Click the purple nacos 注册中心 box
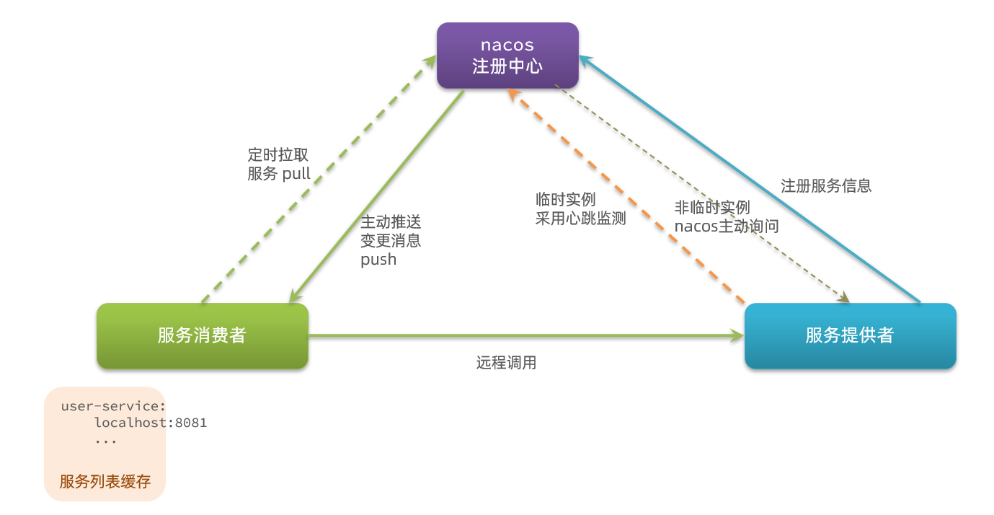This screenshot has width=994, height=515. (507, 56)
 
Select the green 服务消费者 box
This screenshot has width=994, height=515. (202, 335)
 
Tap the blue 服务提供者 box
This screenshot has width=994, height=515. (850, 335)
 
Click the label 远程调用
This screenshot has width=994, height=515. (506, 363)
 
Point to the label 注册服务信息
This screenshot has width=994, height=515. (826, 185)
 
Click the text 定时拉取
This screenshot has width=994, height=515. (278, 154)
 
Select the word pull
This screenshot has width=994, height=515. (296, 174)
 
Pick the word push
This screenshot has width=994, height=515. (378, 260)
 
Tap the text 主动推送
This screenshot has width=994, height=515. (391, 222)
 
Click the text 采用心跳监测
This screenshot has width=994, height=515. (580, 219)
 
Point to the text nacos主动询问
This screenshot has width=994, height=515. (727, 226)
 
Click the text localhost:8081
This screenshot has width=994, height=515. (151, 423)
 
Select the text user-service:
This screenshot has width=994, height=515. (114, 406)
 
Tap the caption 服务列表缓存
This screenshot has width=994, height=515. (105, 481)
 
